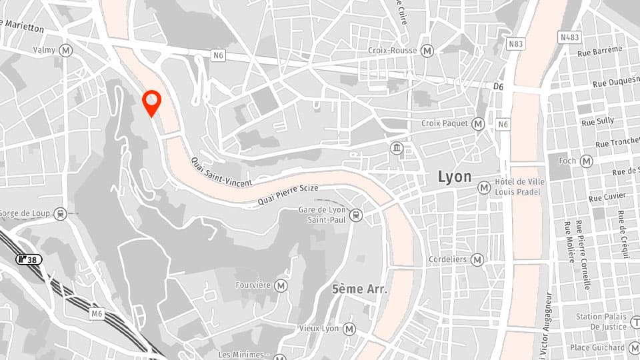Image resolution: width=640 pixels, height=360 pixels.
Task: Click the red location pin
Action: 152,103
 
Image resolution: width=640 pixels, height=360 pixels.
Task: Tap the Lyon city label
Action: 454,177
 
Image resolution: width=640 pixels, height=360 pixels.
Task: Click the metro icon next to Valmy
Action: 65,50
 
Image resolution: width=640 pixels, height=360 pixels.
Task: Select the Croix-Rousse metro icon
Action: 427,51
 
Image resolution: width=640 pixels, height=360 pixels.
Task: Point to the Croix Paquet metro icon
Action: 478,124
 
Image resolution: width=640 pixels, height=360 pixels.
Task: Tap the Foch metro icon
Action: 586,161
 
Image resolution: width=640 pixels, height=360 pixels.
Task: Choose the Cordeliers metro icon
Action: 477,259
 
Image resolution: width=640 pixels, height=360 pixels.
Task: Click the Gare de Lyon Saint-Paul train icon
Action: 357,215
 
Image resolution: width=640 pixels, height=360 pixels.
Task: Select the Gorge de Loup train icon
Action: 61,214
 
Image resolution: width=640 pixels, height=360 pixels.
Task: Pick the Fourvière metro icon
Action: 281,285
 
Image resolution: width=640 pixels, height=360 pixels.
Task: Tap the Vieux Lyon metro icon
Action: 349,329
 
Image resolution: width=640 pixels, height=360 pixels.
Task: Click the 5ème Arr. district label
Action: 359,289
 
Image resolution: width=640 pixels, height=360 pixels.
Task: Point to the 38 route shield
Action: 29,259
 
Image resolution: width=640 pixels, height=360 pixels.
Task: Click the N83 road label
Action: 515,44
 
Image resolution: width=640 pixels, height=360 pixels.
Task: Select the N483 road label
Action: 570,37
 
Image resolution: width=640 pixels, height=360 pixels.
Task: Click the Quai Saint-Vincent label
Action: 221,172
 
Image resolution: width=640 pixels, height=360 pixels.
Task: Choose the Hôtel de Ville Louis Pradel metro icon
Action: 484,189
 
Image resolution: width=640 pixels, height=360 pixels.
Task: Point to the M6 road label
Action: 97,313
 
